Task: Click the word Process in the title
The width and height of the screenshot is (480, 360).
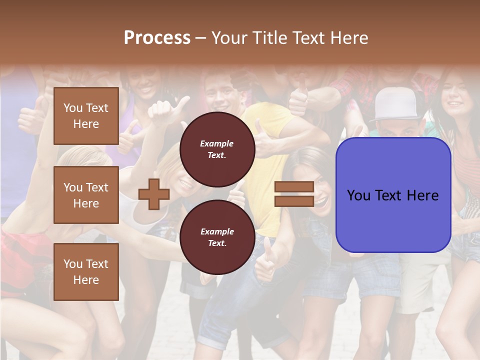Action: click(157, 37)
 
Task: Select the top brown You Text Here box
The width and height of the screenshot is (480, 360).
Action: click(86, 116)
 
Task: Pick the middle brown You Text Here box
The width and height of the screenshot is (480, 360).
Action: click(86, 195)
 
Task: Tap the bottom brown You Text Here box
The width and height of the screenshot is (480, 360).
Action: click(86, 271)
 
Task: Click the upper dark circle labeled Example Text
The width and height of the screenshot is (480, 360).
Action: click(217, 149)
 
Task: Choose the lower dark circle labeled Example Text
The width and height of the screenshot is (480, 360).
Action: click(217, 237)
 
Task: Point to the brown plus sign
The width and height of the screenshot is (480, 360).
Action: click(154, 194)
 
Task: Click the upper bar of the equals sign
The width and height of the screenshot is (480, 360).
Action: click(294, 186)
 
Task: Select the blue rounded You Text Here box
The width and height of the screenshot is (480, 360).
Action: click(393, 195)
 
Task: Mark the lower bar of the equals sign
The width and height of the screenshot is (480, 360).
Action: click(294, 201)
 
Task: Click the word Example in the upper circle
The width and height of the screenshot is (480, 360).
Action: click(216, 143)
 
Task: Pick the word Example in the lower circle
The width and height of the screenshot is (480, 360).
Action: click(216, 231)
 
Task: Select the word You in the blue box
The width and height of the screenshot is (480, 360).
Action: click(359, 195)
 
